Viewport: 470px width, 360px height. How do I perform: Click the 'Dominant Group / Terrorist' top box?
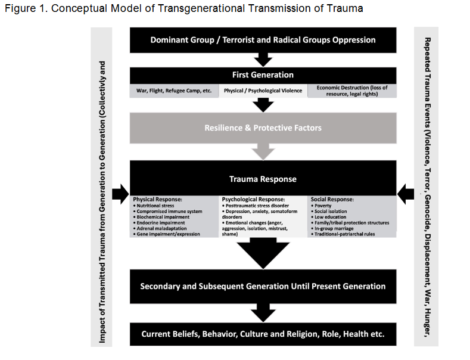pyautogui.click(x=263, y=40)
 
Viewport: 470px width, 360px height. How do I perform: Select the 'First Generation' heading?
pyautogui.click(x=263, y=75)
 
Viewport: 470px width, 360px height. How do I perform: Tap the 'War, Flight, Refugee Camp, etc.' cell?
pyautogui.click(x=174, y=91)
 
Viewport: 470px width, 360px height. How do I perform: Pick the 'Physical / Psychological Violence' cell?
pyautogui.click(x=263, y=91)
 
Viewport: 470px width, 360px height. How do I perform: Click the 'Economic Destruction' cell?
pyautogui.click(x=351, y=91)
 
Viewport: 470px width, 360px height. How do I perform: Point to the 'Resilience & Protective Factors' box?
pyautogui.click(x=263, y=128)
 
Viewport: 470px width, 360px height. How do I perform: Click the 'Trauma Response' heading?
pyautogui.click(x=263, y=179)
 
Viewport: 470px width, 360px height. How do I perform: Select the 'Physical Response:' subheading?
pyautogui.click(x=157, y=199)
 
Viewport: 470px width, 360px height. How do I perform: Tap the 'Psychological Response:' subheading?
pyautogui.click(x=253, y=199)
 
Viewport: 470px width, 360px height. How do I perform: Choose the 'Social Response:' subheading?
pyautogui.click(x=332, y=199)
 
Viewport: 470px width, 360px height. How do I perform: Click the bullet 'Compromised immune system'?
pyautogui.click(x=169, y=212)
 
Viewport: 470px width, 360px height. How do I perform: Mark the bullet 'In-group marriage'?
pyautogui.click(x=334, y=228)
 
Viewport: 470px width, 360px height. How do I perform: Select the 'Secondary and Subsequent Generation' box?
pyautogui.click(x=263, y=286)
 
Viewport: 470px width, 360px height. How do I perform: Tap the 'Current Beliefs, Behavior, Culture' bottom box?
pyautogui.click(x=263, y=334)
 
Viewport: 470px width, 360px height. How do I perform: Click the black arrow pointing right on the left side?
pyautogui.click(x=120, y=193)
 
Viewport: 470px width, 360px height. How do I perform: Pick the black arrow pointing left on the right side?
pyautogui.click(x=406, y=193)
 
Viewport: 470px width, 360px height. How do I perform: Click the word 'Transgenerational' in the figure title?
pyautogui.click(x=170, y=8)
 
